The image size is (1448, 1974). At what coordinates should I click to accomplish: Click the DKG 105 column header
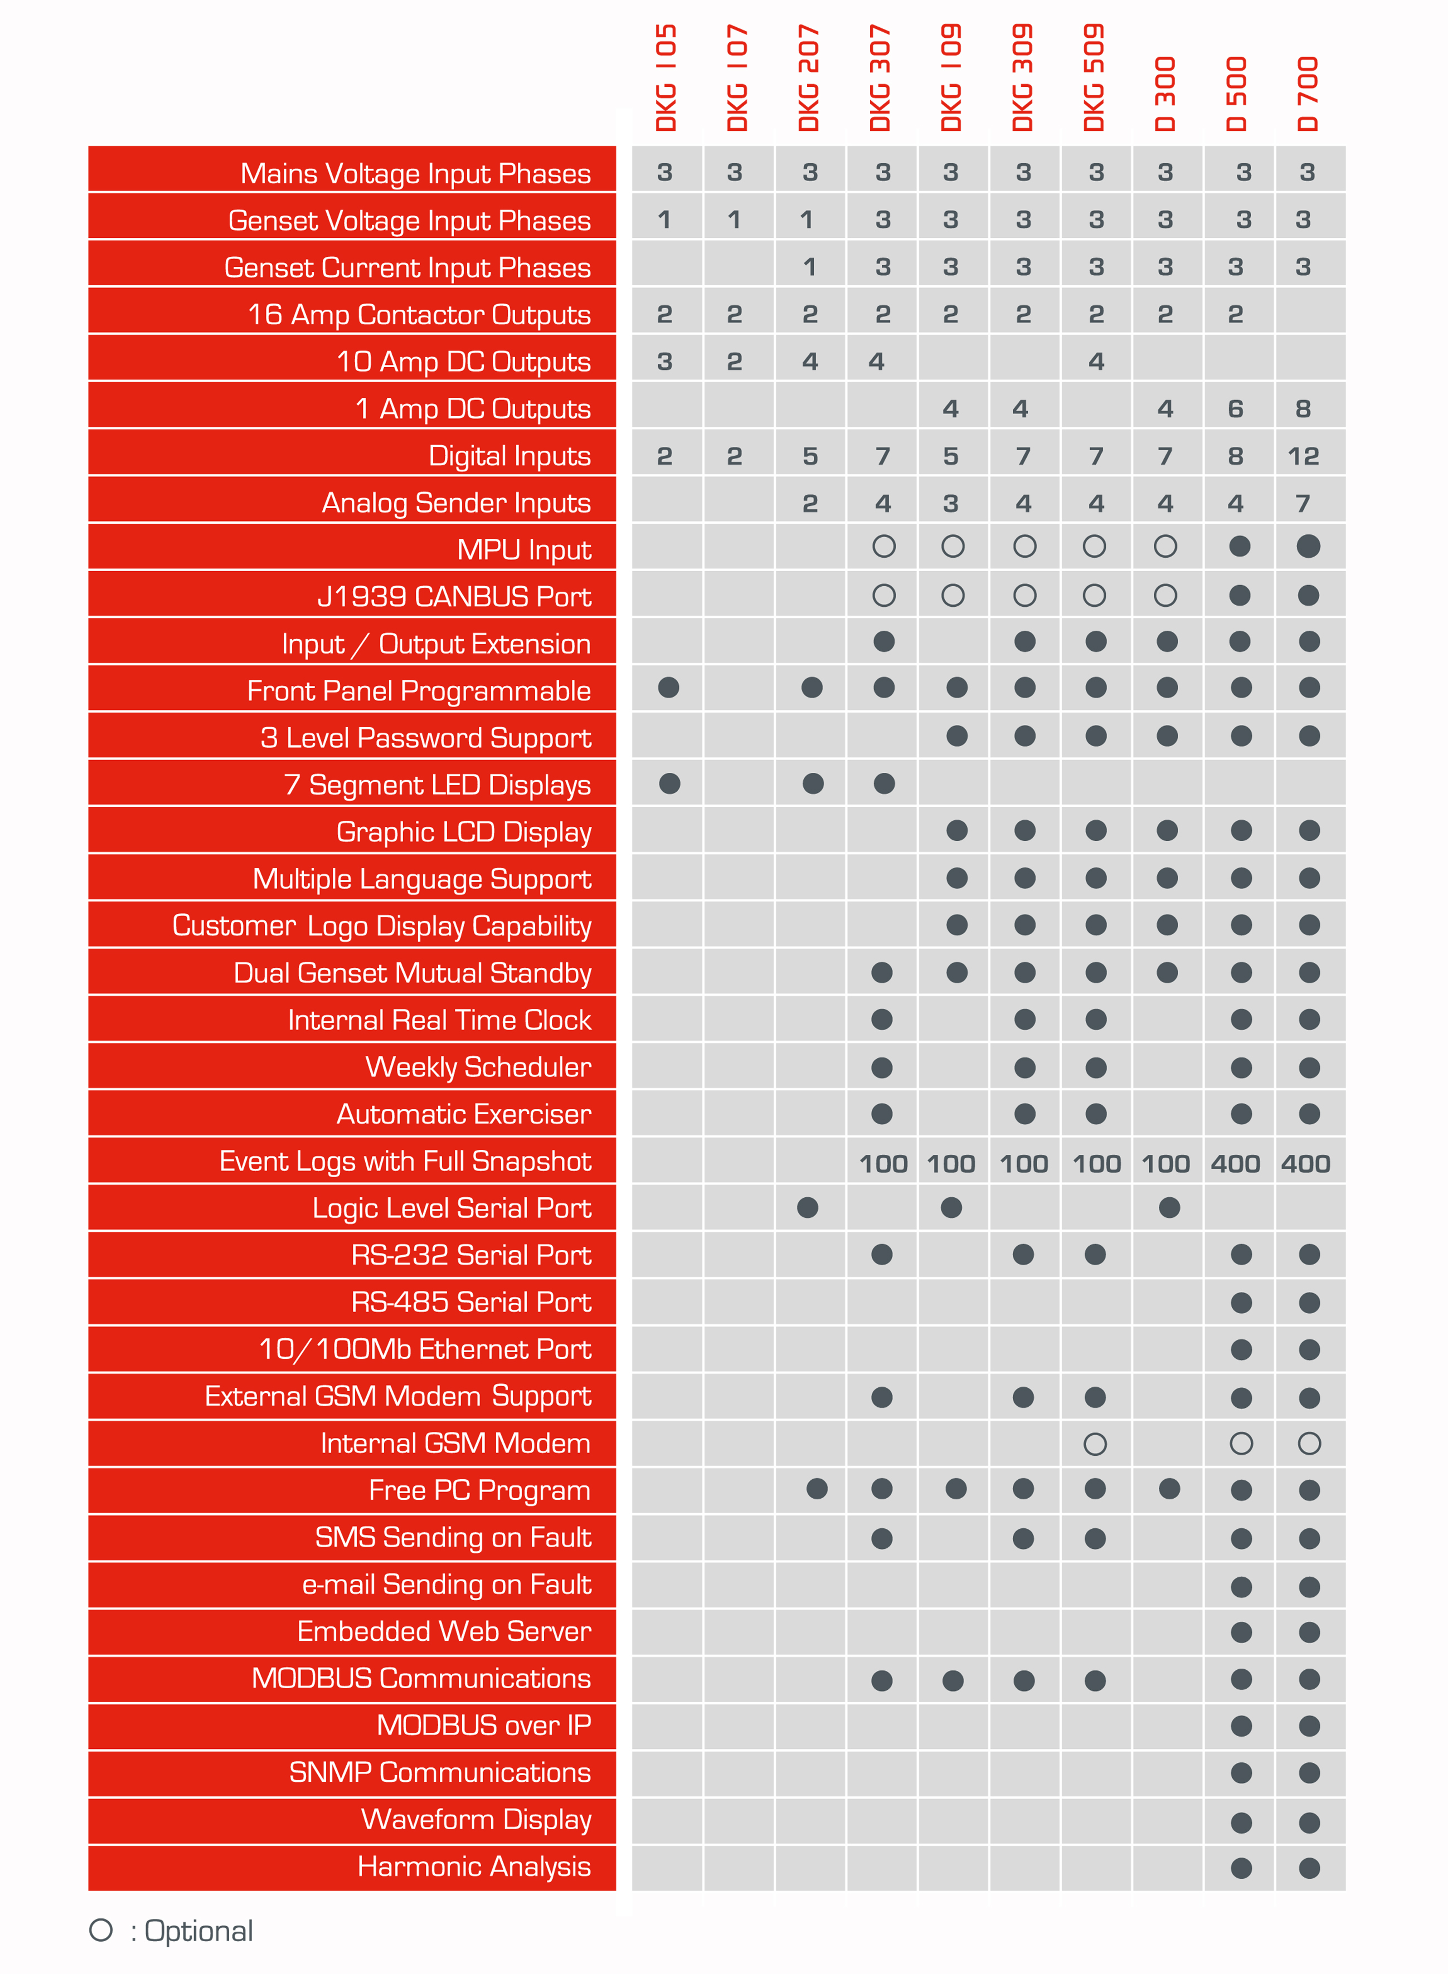coord(666,79)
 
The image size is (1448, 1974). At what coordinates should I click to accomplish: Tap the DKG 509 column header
coord(1094,79)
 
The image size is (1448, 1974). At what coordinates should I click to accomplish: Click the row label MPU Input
coord(523,549)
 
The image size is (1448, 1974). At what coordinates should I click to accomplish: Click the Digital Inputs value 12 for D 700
coord(1304,456)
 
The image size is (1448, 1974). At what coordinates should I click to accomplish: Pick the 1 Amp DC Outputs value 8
coord(1304,408)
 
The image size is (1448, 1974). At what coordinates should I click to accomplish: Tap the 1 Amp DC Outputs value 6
coord(1235,408)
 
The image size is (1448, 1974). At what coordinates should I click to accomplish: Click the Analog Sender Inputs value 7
coord(1304,503)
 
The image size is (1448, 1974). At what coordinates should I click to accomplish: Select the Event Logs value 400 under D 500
coord(1235,1163)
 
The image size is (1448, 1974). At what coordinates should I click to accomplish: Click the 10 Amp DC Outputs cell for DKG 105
coord(664,361)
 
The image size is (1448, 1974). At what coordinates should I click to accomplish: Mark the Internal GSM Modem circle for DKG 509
coord(1095,1444)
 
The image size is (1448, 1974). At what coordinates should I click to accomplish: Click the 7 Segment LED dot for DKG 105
coord(669,783)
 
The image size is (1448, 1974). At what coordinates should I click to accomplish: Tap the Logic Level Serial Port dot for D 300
coord(1168,1207)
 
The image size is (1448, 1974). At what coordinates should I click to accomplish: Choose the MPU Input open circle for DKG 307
coord(883,547)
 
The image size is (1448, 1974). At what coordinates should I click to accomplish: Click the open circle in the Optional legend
coord(101,1929)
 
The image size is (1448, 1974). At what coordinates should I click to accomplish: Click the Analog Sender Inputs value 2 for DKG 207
coord(810,503)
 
